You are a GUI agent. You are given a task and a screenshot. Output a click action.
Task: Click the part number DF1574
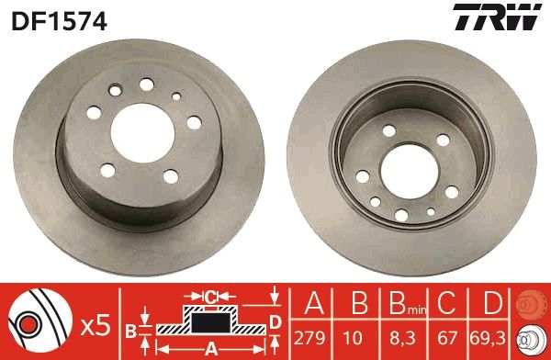(60, 19)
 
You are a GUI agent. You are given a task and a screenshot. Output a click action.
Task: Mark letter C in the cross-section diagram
(210, 296)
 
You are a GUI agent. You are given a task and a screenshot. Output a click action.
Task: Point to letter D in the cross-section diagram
(274, 321)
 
